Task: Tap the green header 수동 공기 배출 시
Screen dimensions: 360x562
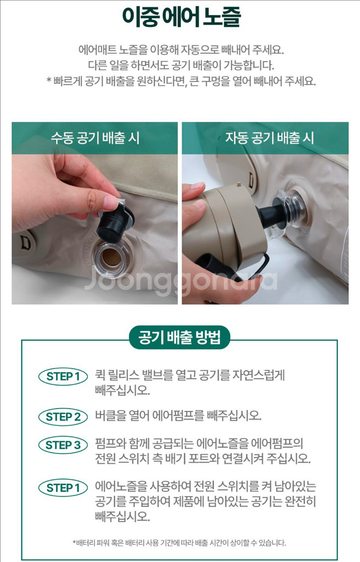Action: click(94, 138)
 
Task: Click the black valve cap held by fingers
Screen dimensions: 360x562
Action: click(114, 222)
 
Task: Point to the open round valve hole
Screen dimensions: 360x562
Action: click(113, 257)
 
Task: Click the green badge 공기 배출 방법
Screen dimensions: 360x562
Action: click(179, 338)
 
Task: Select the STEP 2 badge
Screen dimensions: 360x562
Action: click(63, 417)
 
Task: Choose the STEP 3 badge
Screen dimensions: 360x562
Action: click(63, 445)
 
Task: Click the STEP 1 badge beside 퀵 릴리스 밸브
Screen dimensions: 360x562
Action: click(63, 376)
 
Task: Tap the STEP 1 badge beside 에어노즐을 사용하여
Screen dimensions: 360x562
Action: click(63, 488)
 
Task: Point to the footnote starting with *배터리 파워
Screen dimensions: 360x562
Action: click(179, 543)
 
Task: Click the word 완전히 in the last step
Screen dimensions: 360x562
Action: click(300, 502)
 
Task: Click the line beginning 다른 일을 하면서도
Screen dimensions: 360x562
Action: click(181, 66)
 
